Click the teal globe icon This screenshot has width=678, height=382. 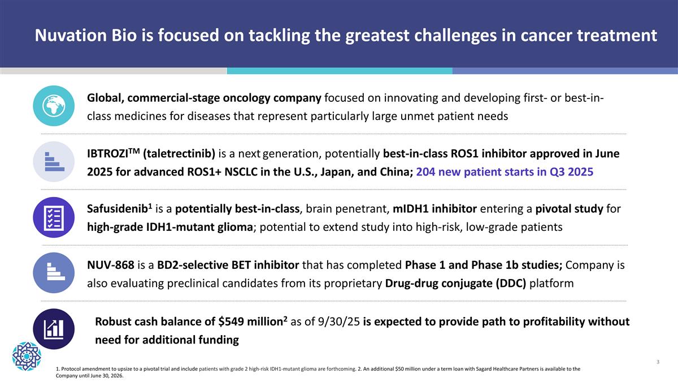tap(54, 106)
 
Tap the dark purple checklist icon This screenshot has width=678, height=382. tap(54, 217)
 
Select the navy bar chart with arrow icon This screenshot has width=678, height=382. tap(54, 329)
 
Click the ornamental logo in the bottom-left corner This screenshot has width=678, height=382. tap(27, 356)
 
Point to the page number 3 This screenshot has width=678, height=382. tap(658, 362)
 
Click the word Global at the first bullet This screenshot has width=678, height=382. tap(106, 98)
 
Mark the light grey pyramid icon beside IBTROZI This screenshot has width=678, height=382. tap(54, 161)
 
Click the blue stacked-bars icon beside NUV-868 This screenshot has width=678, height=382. tap(54, 273)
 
